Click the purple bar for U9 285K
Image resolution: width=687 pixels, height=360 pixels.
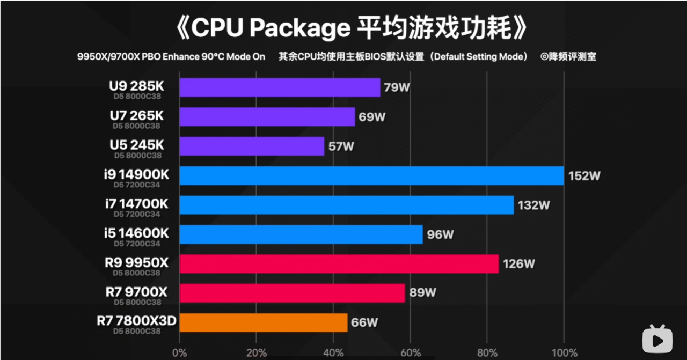tap(280, 87)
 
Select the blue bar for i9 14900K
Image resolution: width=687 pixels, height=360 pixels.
tap(371, 175)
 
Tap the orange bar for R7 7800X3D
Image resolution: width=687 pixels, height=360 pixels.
tap(263, 322)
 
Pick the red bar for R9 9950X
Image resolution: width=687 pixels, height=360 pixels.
tap(339, 264)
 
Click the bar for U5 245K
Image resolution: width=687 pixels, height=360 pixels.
tap(252, 146)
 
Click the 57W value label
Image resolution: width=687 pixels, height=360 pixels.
tap(341, 146)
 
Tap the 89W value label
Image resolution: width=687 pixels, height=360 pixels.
tap(423, 293)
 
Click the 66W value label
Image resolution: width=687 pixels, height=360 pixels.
tap(364, 322)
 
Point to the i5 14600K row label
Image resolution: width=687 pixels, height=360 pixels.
tap(137, 233)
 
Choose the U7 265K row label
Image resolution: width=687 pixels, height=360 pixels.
tap(136, 116)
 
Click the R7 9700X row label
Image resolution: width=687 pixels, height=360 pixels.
tap(136, 292)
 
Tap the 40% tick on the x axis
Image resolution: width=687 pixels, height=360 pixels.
tap(333, 352)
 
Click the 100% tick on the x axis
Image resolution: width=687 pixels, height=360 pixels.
tap(564, 352)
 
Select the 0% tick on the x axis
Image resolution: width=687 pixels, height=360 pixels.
tap(179, 352)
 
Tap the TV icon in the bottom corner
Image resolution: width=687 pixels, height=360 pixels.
tap(657, 338)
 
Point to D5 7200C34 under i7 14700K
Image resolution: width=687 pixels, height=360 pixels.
tap(137, 215)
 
